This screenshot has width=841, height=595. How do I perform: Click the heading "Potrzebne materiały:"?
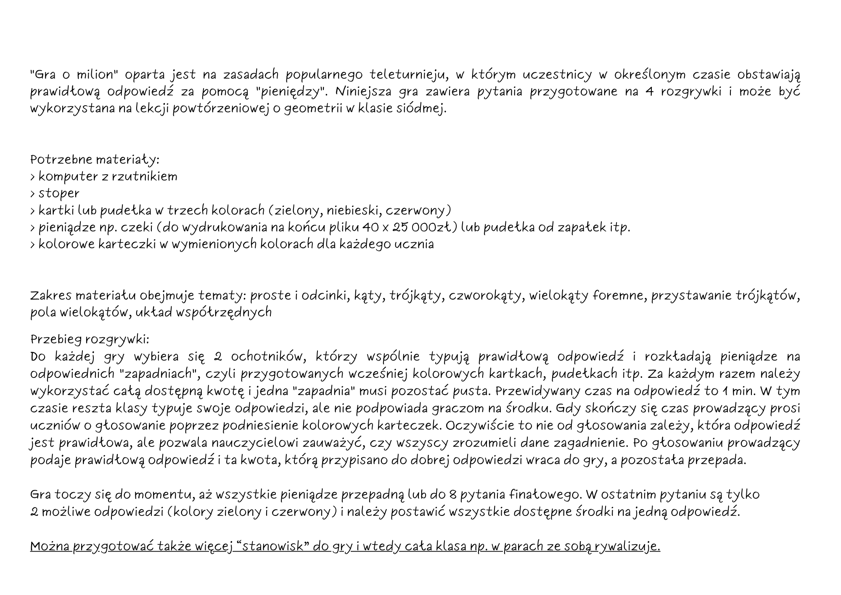coord(95,160)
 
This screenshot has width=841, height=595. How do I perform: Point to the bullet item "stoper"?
coord(59,194)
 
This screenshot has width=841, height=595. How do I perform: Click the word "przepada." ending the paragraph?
coord(717,460)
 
